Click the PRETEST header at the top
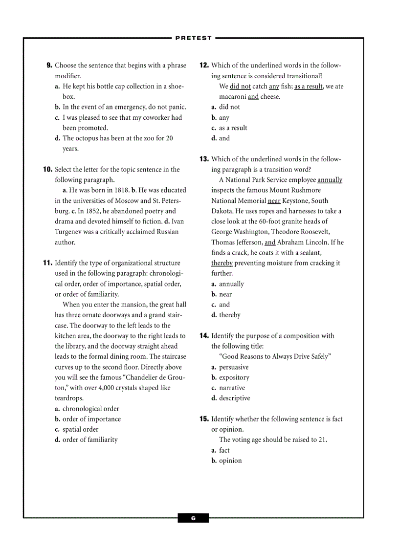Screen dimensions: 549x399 coord(194,38)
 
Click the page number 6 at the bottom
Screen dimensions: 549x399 coord(193,518)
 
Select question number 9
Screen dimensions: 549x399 coord(49,66)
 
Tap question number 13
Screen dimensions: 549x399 coord(204,159)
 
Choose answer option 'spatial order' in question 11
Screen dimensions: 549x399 coord(80,430)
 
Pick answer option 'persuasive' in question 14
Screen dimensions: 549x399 coord(234,367)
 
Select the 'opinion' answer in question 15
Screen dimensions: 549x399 coord(230,461)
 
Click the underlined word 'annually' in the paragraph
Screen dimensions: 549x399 coord(330,180)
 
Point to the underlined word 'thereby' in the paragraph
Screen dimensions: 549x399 coord(222,263)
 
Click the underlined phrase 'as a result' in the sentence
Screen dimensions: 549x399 coord(309,87)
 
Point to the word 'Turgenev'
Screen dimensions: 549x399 coord(69,232)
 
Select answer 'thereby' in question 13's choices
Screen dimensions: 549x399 coord(230,315)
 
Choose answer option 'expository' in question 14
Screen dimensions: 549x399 coord(234,378)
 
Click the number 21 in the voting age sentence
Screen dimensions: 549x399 coord(322,440)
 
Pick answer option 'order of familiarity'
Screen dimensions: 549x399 coord(90,440)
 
